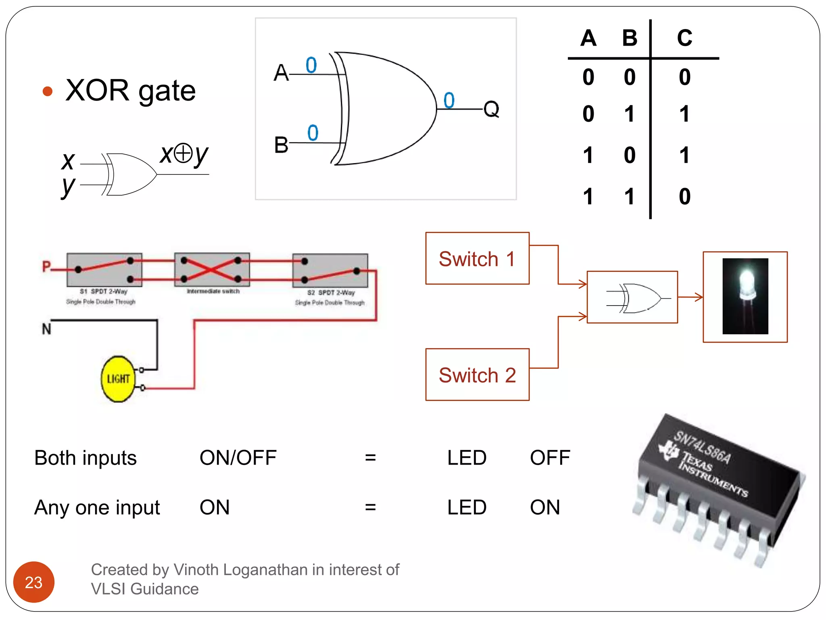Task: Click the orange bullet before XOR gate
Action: [48, 91]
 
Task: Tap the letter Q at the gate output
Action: [491, 109]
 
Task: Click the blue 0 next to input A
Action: [311, 65]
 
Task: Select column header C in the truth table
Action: [684, 38]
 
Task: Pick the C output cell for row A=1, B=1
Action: [684, 197]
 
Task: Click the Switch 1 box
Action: [477, 258]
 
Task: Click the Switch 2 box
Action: [477, 375]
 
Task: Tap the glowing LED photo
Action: [745, 296]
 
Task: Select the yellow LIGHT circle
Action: [117, 379]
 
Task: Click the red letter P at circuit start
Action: [46, 266]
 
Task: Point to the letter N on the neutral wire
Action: [46, 329]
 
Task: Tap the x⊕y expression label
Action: [184, 154]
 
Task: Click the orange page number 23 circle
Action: [34, 582]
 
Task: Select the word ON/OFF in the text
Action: [238, 458]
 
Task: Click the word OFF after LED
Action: [550, 458]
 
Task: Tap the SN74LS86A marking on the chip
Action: [702, 447]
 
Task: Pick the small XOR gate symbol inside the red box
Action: [633, 298]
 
